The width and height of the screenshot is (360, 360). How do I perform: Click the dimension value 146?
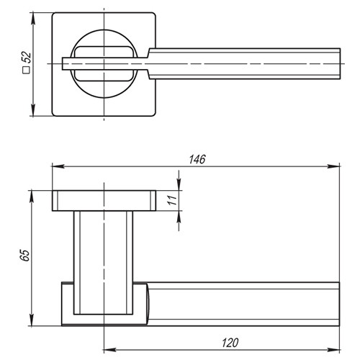(197, 159)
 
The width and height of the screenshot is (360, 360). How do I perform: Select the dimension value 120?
(230, 343)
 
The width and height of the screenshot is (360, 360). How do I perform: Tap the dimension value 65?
(25, 255)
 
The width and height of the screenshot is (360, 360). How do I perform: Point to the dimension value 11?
(172, 200)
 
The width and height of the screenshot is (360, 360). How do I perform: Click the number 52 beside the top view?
(27, 58)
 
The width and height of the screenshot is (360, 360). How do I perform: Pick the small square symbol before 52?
(26, 70)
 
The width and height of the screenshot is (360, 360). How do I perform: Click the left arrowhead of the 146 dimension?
(58, 166)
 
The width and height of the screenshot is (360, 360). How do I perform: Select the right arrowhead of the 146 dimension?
(333, 166)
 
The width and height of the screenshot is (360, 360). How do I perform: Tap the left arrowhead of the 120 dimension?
(109, 350)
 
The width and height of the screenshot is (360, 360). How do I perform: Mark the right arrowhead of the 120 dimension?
(333, 350)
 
